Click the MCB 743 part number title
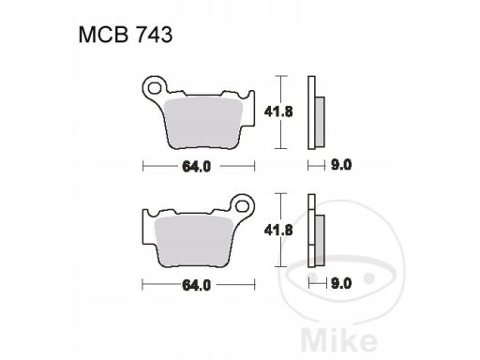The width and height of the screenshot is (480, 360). pos(126,35)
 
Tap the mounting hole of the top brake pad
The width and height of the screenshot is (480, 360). pos(154,88)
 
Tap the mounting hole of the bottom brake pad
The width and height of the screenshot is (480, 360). pos(243,206)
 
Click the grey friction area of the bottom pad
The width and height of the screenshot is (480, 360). pos(194,240)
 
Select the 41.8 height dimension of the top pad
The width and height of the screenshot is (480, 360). pos(278,112)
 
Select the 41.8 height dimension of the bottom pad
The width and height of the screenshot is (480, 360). pos(278,231)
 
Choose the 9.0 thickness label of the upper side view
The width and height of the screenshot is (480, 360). pos(341,165)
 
